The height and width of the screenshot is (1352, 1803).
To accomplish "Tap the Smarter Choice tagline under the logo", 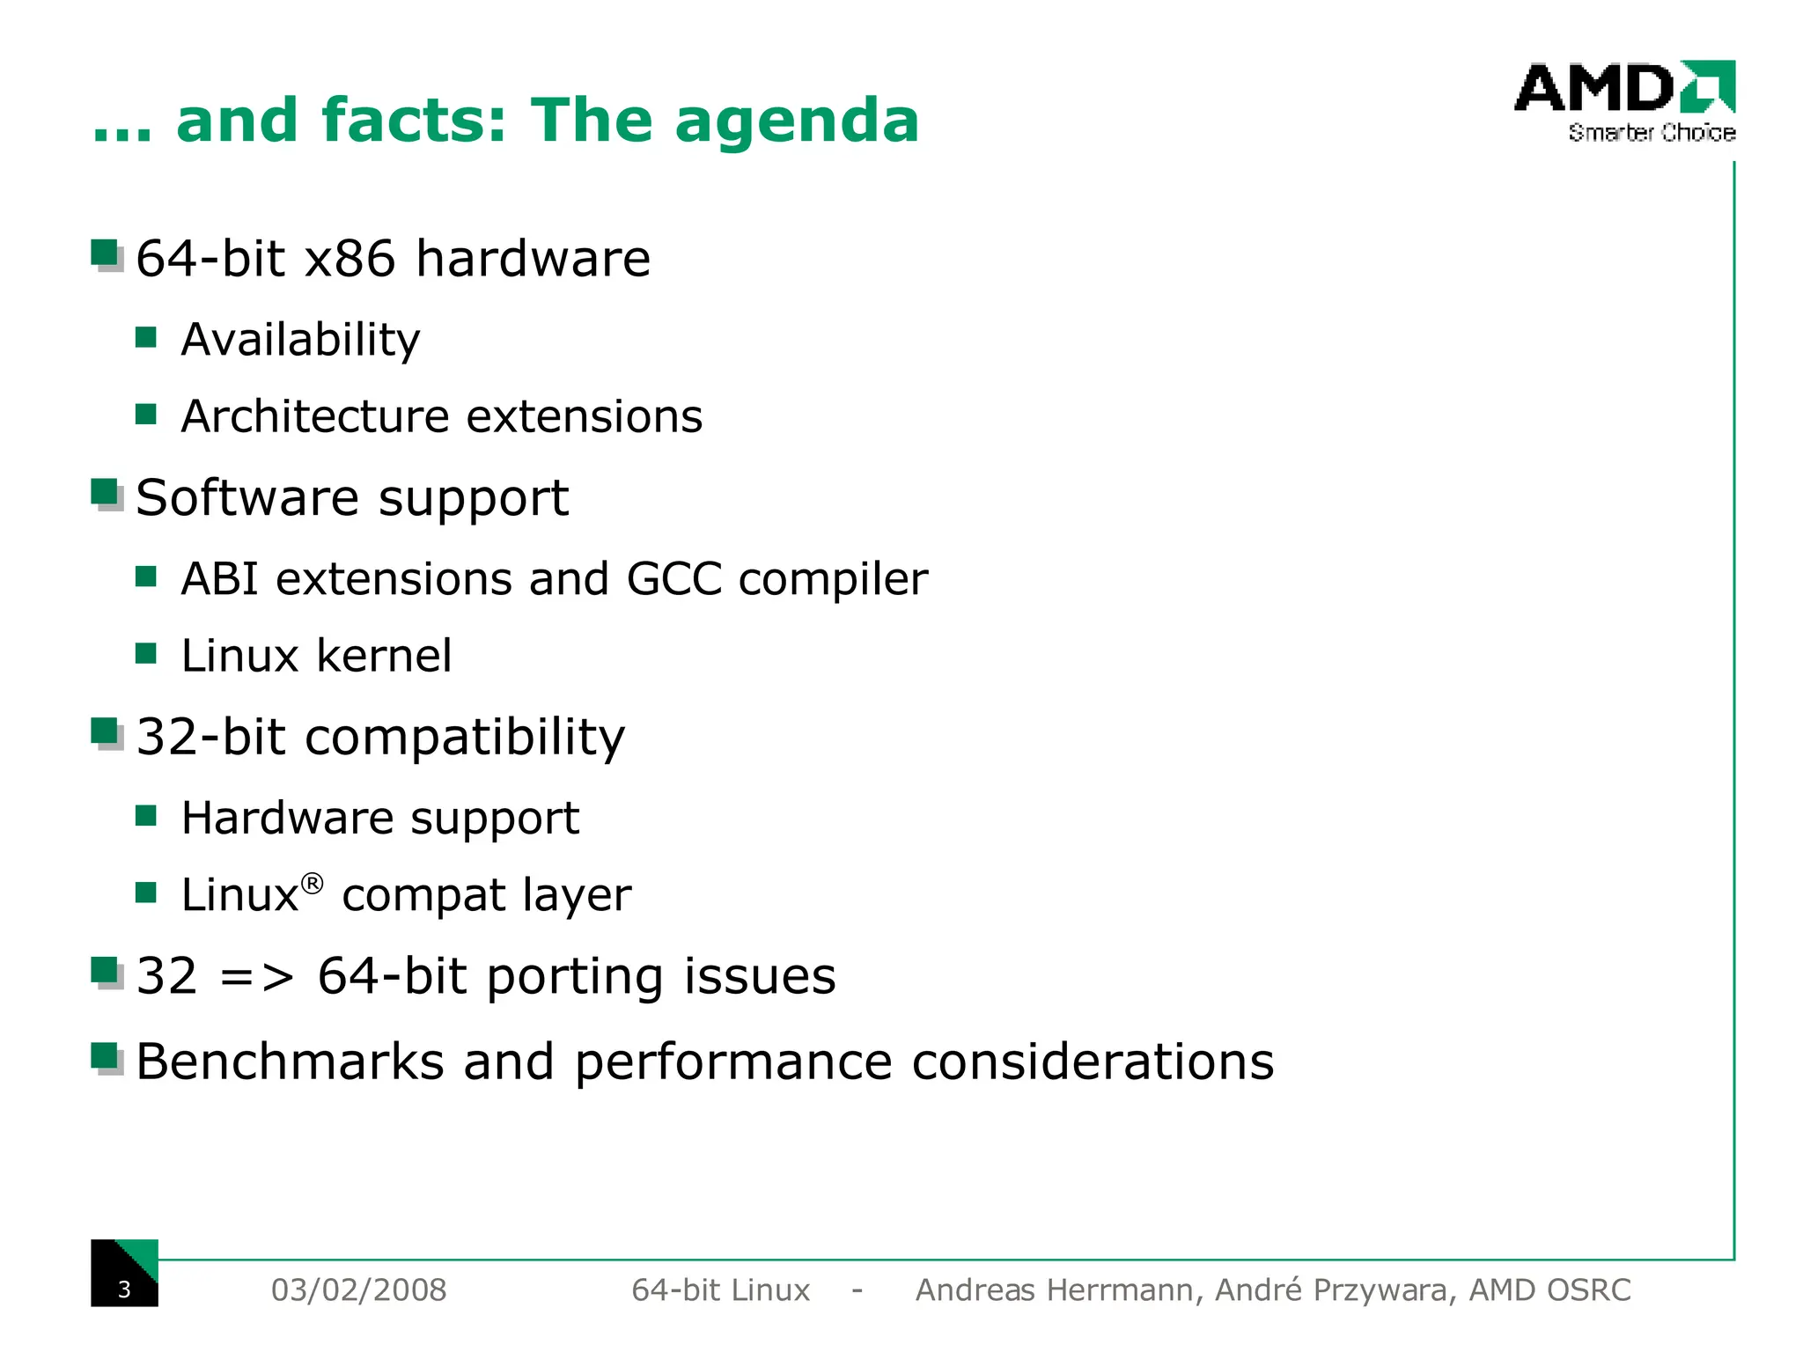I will pos(1651,133).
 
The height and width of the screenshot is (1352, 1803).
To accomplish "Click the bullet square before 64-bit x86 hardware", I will pos(106,254).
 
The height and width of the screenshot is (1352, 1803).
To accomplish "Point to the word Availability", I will pos(300,340).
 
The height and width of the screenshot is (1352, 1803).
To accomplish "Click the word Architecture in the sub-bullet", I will pos(314,416).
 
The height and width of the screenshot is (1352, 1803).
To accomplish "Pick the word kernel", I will pos(384,656).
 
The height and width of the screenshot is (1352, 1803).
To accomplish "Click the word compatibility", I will pos(465,737).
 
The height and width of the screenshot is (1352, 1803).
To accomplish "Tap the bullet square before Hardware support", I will pos(146,816).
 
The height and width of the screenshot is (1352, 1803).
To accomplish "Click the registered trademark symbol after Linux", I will pos(312,883).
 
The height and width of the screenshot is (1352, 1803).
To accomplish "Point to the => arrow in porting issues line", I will pos(256,977).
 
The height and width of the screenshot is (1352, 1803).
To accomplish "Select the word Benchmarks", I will pos(290,1062).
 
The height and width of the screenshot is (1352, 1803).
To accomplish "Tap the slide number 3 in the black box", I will pos(124,1290).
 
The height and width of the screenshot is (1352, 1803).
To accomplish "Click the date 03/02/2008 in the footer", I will pos(358,1290).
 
